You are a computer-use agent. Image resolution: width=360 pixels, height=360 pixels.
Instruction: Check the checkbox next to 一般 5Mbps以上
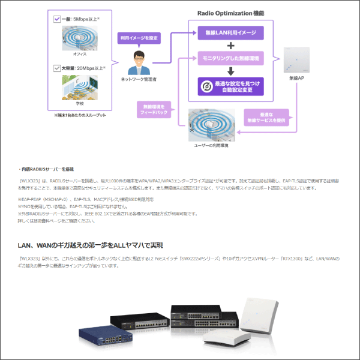57,19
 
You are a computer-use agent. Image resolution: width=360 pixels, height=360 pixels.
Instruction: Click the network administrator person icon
139,62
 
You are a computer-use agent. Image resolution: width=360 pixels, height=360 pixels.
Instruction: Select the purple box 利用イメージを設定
139,38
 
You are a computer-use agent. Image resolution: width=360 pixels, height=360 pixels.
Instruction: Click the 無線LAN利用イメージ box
231,32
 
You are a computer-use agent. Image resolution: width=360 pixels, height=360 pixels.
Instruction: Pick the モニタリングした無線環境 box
231,59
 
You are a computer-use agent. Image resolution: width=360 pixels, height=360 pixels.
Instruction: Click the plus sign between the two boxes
231,46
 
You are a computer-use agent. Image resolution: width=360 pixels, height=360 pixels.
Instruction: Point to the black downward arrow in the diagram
231,71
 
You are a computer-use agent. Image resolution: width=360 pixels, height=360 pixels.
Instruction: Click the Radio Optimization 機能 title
231,13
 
